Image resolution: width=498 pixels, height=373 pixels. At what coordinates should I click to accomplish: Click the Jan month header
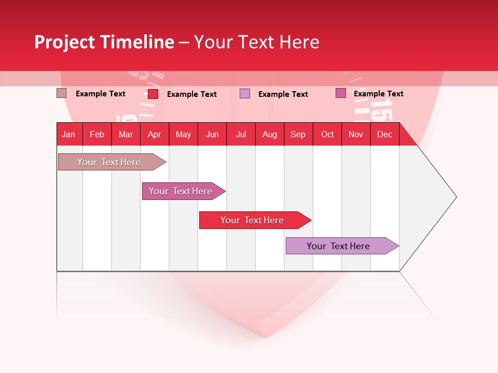pos(69,134)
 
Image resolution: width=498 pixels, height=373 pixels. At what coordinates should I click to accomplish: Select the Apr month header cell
pos(155,134)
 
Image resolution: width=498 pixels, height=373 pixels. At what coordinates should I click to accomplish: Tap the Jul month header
pos(241,134)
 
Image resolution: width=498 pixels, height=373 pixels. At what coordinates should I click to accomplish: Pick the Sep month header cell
pos(298,134)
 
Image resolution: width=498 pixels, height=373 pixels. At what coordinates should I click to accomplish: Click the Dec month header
pos(384,134)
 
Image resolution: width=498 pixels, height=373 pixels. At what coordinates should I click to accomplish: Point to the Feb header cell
pos(97,134)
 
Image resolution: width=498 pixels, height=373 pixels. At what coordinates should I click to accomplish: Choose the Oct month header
pos(327,134)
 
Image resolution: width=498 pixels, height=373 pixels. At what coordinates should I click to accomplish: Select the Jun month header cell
pos(212,134)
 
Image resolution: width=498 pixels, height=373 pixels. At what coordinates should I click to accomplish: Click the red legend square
pos(153,94)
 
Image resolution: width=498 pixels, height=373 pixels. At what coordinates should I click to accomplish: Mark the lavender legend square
pos(245,94)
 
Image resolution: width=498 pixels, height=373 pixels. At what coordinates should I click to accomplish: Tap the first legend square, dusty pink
pos(61,93)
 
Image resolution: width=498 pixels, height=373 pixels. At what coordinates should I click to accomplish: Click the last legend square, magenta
pos(341,93)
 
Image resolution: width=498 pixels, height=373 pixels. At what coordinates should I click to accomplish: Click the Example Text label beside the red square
pos(192,94)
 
